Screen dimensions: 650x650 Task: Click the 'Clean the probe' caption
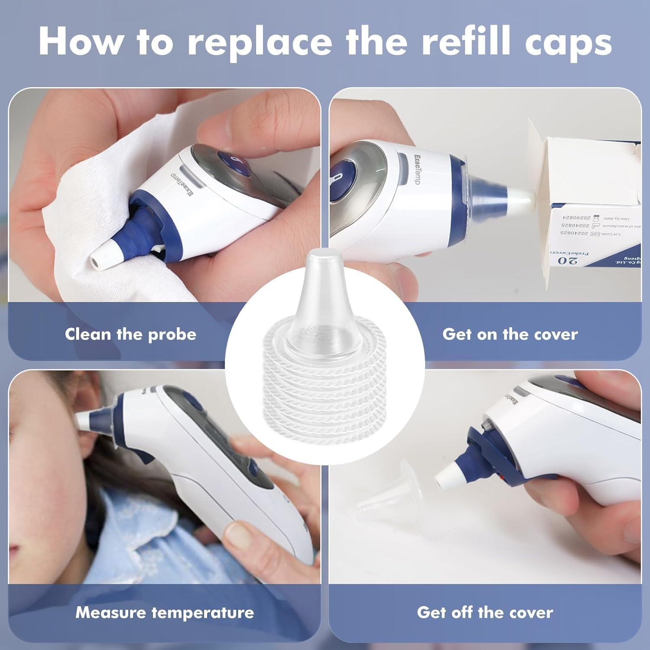coord(130,334)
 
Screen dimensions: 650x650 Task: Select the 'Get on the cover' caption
coord(510,334)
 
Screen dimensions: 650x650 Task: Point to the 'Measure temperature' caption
coord(165,612)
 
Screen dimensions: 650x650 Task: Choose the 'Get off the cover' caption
coord(485,612)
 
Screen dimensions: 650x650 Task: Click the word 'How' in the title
coord(80,42)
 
